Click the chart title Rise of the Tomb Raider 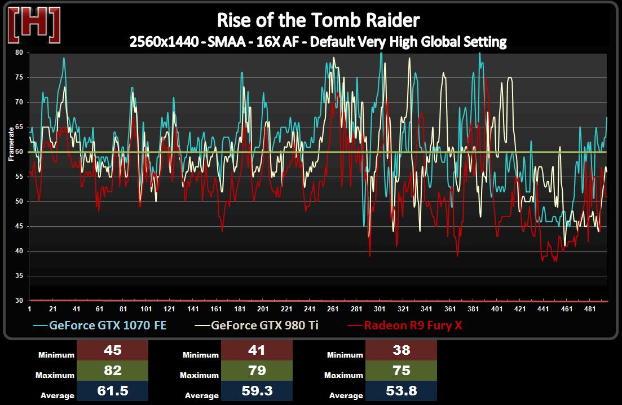[319, 20]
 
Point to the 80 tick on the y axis [19, 52]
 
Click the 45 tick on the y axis [19, 227]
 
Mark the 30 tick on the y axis [19, 301]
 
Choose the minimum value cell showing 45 [113, 350]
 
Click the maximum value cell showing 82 [113, 371]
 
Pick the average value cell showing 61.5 [113, 391]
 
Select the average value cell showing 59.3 [257, 391]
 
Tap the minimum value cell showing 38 [402, 350]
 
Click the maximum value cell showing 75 [402, 371]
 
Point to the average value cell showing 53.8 [402, 391]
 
